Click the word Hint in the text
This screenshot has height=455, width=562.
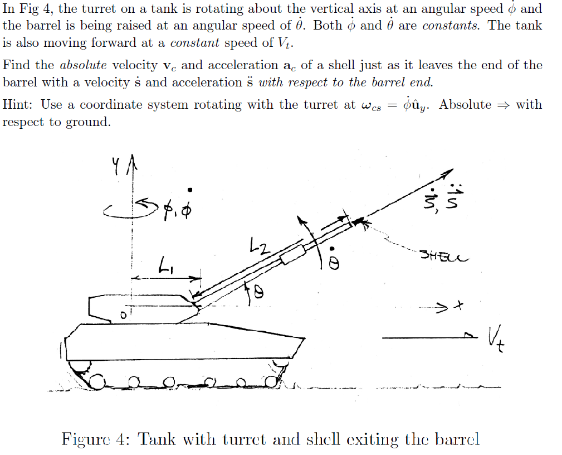[19, 105]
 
